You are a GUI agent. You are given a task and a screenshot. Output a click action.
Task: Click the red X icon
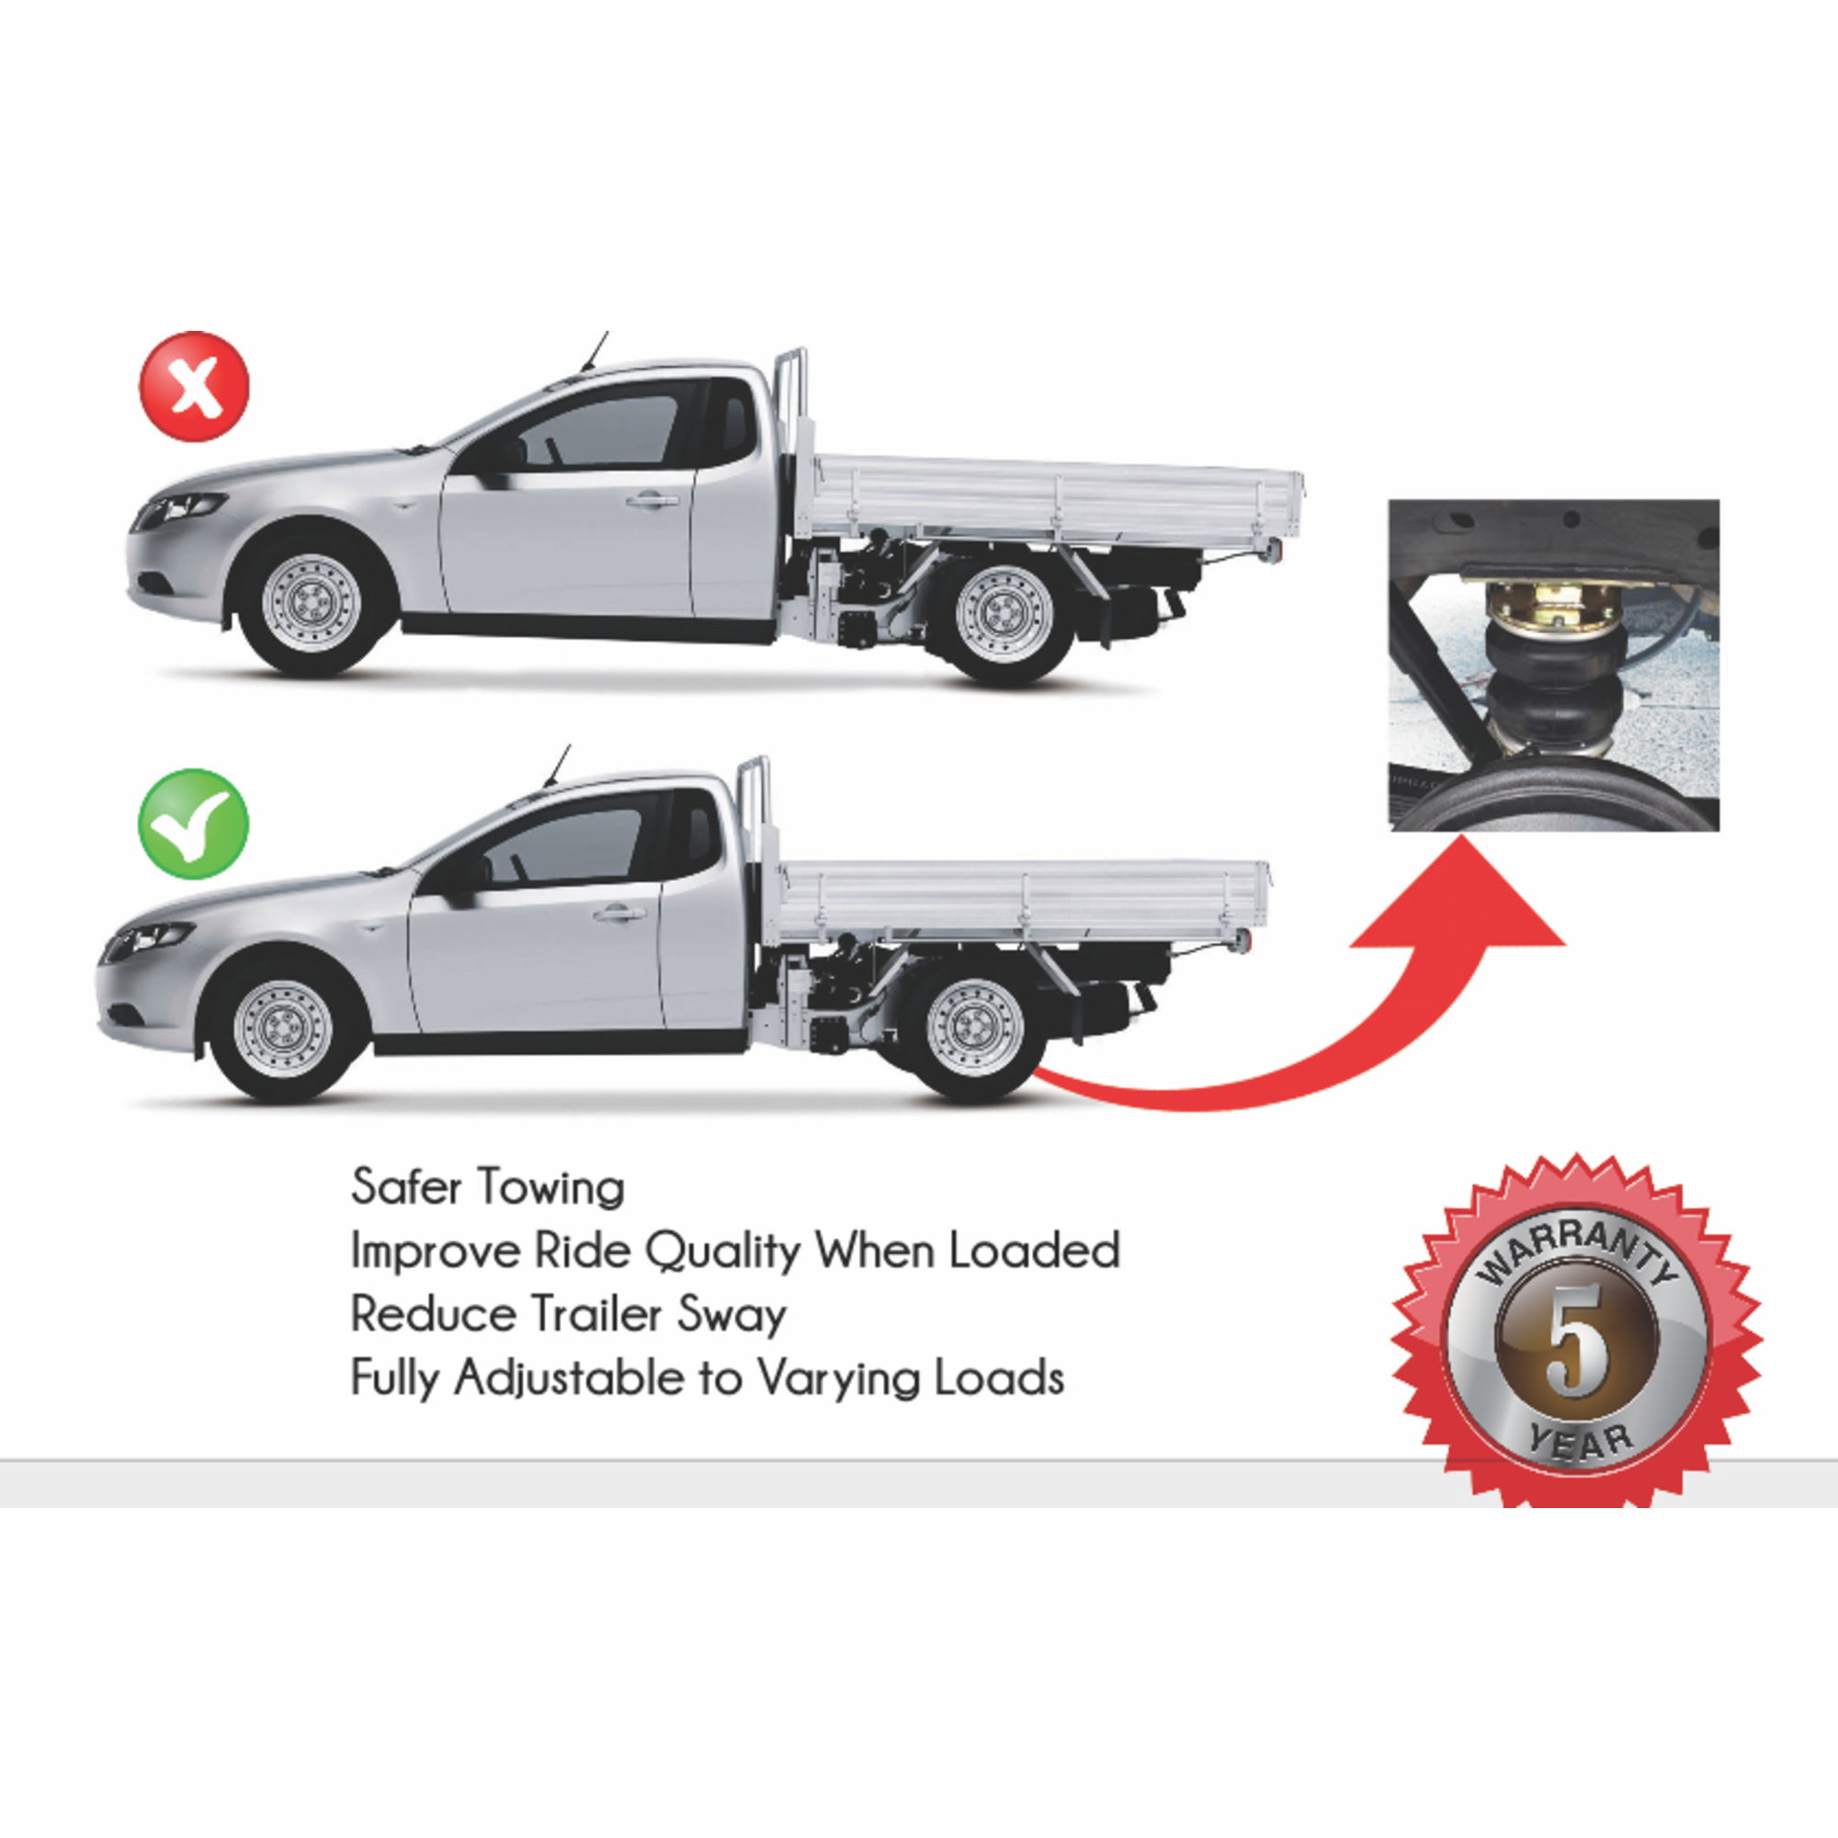[x=195, y=387]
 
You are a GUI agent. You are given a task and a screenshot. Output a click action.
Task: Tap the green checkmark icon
[x=193, y=823]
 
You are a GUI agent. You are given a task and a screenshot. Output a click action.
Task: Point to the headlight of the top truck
[x=181, y=510]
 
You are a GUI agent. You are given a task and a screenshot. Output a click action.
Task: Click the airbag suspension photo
[x=1553, y=665]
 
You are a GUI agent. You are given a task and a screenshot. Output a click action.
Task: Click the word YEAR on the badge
[x=1579, y=1443]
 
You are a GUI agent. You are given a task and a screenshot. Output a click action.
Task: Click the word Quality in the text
[x=723, y=1252]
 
